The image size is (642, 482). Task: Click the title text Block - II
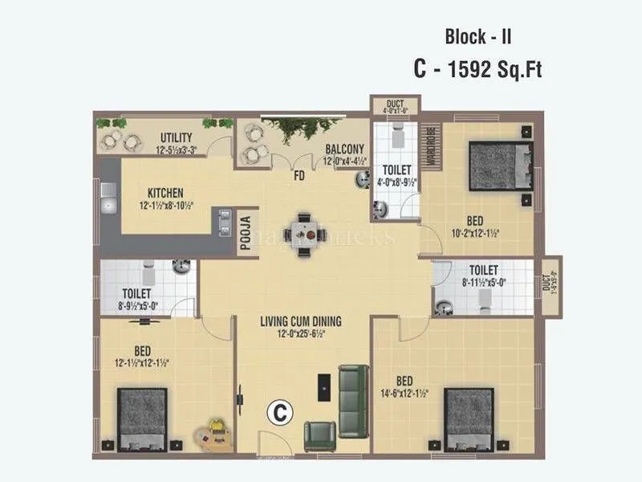pyautogui.click(x=478, y=36)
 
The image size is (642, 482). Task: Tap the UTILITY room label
pyautogui.click(x=175, y=137)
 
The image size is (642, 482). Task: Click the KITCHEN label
pyautogui.click(x=166, y=193)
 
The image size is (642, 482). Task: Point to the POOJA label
pyautogui.click(x=248, y=233)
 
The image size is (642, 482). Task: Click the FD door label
pyautogui.click(x=299, y=174)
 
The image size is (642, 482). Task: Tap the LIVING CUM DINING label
pyautogui.click(x=300, y=321)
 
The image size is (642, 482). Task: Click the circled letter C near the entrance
pyautogui.click(x=278, y=412)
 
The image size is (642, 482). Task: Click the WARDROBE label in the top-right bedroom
pyautogui.click(x=430, y=145)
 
